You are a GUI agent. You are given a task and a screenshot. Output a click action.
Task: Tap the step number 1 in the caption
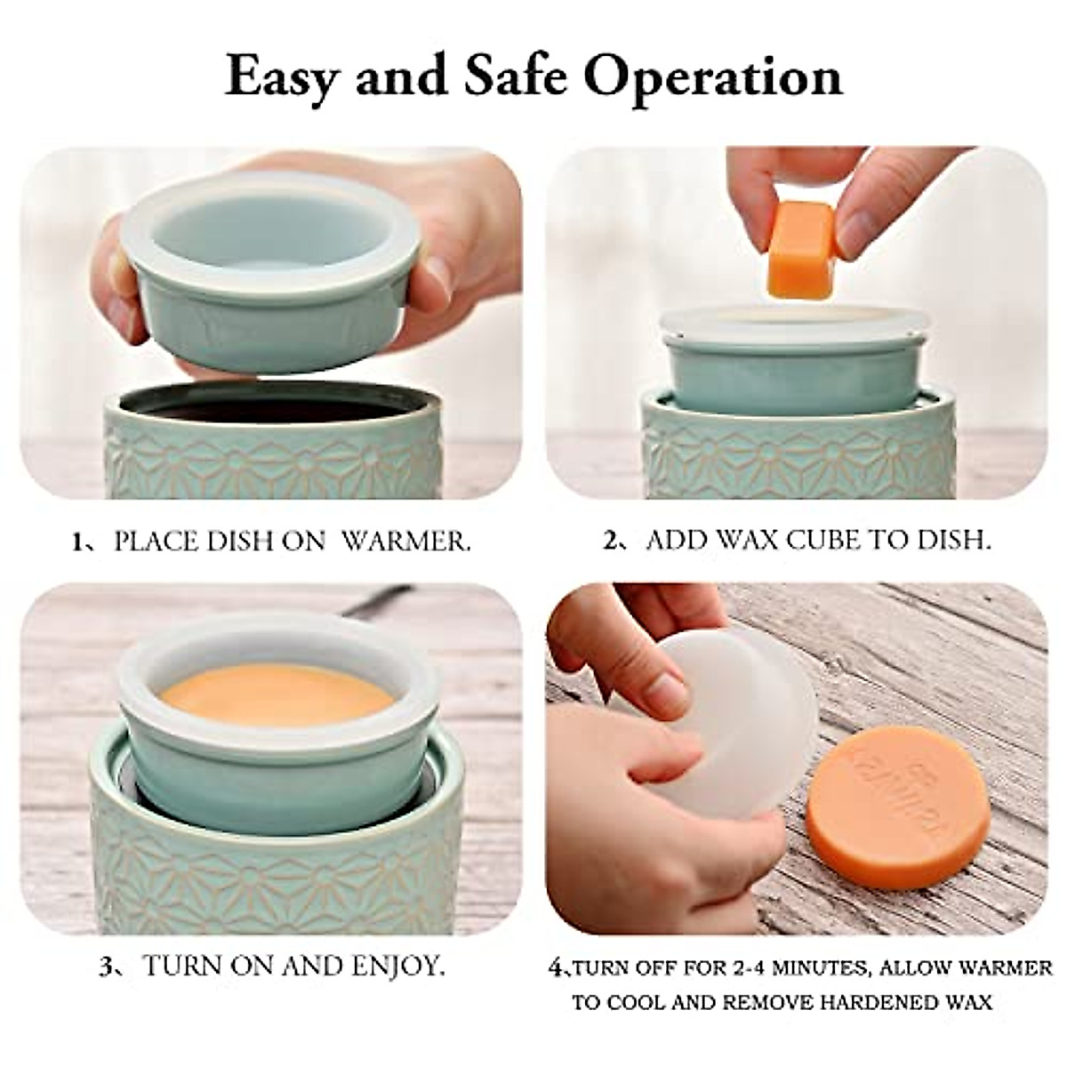click(77, 542)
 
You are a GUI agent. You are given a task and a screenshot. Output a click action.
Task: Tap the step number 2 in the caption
click(611, 542)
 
